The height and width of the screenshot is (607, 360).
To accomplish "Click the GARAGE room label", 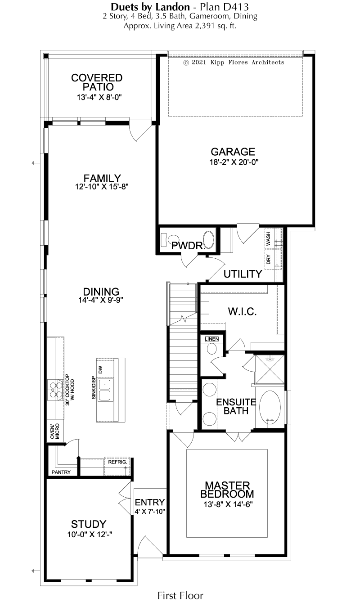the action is (x=233, y=152).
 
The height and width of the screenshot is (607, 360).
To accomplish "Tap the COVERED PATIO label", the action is (x=97, y=82).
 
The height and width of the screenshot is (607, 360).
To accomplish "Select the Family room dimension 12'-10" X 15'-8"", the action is (x=102, y=187).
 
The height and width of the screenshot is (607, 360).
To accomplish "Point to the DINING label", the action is (x=101, y=292).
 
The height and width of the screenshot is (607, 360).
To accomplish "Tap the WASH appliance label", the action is (x=268, y=238).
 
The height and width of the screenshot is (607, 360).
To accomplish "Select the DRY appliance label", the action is (x=268, y=259).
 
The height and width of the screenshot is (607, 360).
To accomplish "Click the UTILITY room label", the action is (x=243, y=274).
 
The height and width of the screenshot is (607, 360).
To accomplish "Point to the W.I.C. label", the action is (x=243, y=312).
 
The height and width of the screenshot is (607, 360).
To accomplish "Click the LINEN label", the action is (x=211, y=339).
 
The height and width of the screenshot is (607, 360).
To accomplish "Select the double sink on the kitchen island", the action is (x=105, y=390).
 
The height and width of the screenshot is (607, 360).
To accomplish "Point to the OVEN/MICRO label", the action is (x=55, y=431).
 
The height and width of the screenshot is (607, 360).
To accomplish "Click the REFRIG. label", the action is (x=117, y=462).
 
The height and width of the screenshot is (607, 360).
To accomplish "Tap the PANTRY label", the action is (x=61, y=472).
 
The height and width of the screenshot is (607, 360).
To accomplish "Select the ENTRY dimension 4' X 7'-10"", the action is (x=150, y=511).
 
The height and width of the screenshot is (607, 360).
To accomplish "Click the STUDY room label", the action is (x=89, y=524).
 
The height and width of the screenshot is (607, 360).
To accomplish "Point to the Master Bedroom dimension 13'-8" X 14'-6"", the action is (x=228, y=504).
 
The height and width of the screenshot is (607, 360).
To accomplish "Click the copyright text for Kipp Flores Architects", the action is (x=234, y=63).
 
